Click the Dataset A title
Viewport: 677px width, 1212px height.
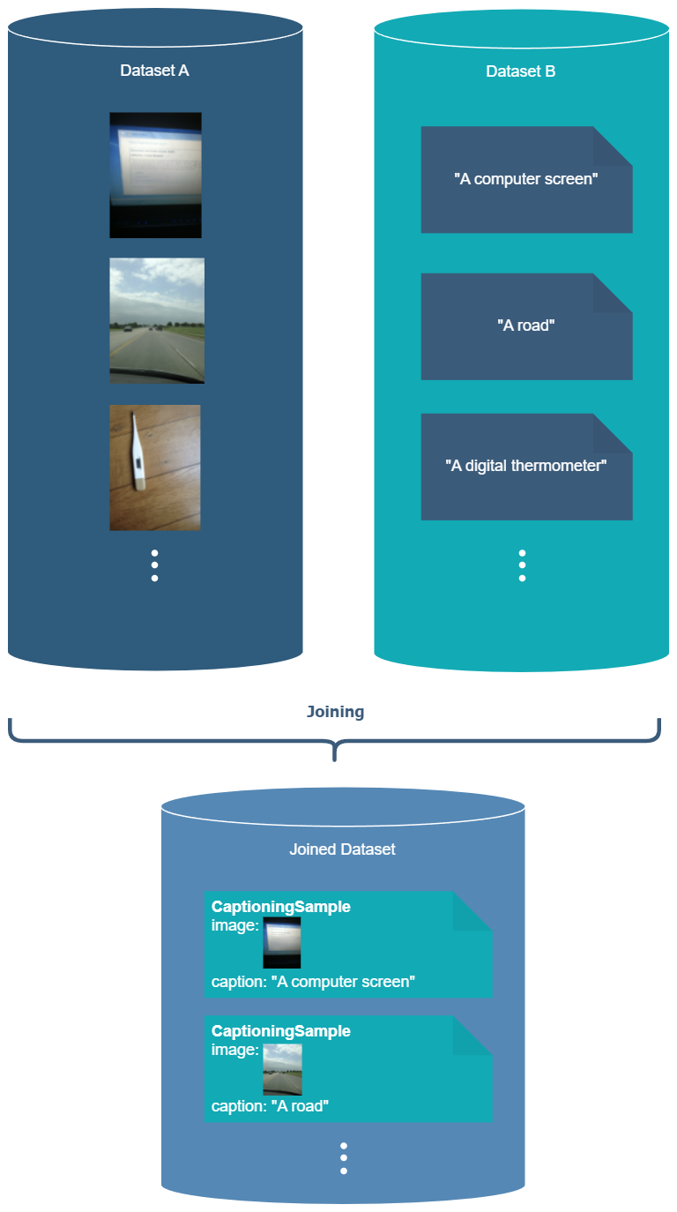coord(154,71)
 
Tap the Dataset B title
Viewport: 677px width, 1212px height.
coord(521,71)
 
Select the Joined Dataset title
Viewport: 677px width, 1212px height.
coord(342,849)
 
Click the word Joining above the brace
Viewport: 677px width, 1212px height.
coord(335,712)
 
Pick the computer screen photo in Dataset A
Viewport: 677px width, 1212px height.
coord(155,175)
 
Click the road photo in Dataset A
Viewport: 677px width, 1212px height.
coord(157,320)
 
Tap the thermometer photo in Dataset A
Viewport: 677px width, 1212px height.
coord(155,468)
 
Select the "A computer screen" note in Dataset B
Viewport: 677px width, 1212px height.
coord(526,180)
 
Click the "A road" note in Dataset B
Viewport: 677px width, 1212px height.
coord(526,325)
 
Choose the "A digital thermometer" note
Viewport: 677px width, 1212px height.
coord(526,466)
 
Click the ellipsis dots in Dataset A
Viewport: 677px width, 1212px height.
coord(154,565)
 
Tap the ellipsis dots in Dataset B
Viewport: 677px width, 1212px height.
coord(522,565)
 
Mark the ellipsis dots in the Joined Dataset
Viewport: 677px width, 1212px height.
coord(343,1158)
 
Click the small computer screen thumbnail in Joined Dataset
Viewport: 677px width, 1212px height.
coord(282,942)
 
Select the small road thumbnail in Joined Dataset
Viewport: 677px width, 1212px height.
coord(282,1069)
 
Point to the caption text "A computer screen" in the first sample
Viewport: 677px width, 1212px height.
coord(342,982)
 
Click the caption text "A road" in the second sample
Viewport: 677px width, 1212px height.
coord(299,1106)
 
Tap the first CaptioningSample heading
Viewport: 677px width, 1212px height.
coord(281,907)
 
